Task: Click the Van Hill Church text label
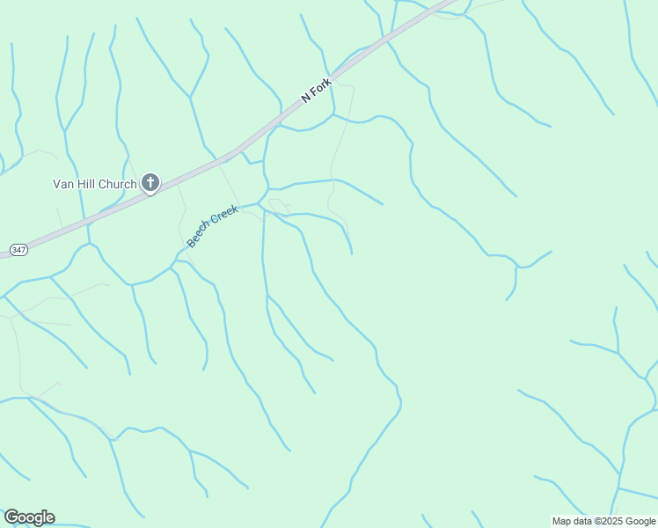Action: (x=94, y=184)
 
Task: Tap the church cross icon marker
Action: (x=150, y=183)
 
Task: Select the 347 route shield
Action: (x=18, y=251)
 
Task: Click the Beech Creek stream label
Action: (x=212, y=226)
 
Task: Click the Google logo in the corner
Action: (x=29, y=517)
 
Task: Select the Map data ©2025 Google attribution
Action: (x=603, y=522)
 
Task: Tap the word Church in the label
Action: (x=118, y=184)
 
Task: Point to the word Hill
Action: (x=85, y=184)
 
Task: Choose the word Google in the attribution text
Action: (x=640, y=522)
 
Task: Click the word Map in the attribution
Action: (x=561, y=522)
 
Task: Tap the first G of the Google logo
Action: (x=11, y=517)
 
